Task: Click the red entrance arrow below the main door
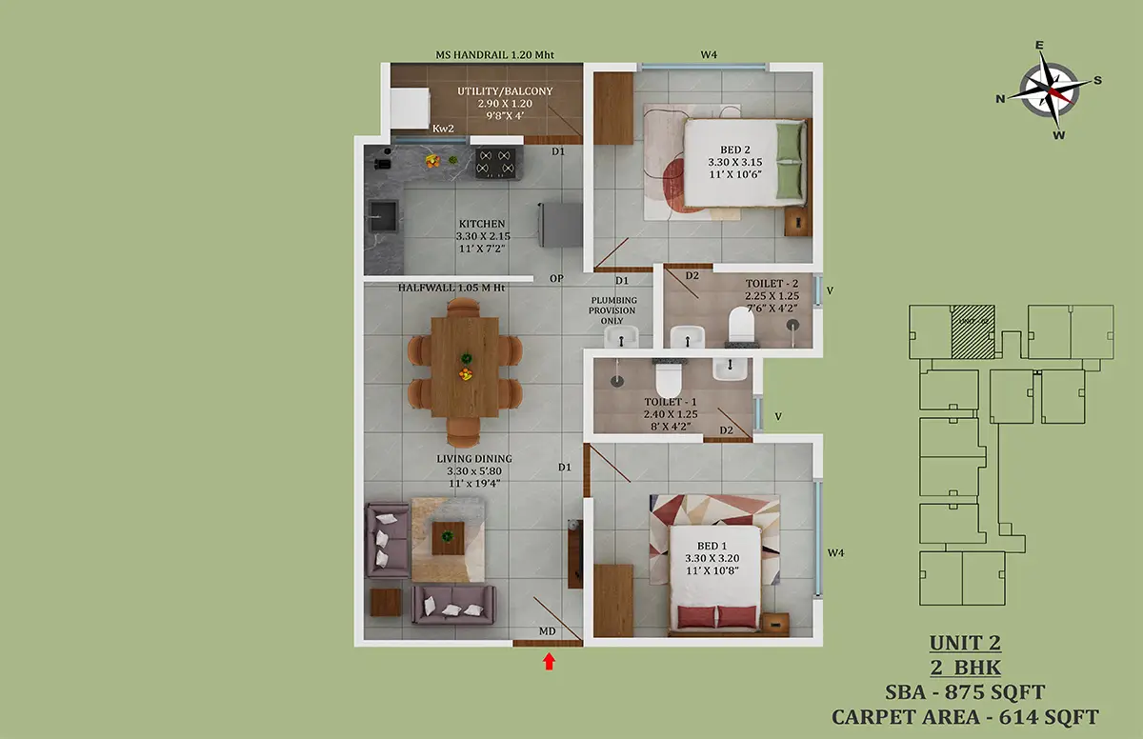point(549,662)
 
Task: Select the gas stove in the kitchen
point(498,163)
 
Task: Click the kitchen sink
point(383,216)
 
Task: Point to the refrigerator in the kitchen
point(560,225)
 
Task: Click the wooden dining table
point(465,368)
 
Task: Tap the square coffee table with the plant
point(448,538)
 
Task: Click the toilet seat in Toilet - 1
point(669,378)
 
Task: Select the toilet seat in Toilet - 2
point(741,326)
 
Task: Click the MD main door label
point(547,631)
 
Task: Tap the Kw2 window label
point(443,129)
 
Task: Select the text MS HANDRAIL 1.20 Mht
point(494,54)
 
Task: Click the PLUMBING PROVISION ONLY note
point(612,310)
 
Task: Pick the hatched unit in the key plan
point(973,331)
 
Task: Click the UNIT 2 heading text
point(965,643)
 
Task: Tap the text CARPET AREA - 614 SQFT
point(965,717)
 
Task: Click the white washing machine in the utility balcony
point(410,109)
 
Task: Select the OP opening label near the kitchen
point(556,278)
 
